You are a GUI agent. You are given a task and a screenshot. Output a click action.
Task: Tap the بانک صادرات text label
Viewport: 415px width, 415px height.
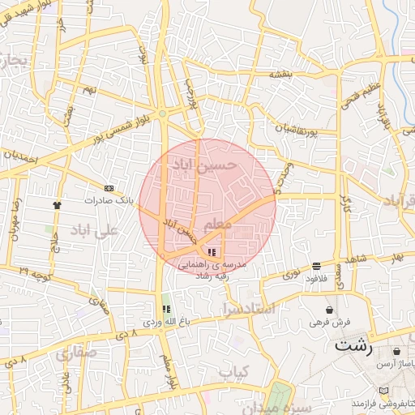(107, 199)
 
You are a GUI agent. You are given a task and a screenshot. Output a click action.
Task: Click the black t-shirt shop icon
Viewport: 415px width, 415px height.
(57, 205)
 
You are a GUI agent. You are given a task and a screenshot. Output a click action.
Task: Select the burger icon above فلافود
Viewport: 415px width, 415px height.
(315, 266)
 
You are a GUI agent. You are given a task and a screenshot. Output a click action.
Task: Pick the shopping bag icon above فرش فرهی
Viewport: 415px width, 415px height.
(329, 310)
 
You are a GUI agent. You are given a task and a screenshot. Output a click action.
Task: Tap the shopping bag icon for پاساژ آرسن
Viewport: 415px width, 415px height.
(396, 352)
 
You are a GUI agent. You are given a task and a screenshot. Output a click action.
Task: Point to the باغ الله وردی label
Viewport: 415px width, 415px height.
(167, 322)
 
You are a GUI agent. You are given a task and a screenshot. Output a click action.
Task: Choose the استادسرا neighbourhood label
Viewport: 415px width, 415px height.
(248, 309)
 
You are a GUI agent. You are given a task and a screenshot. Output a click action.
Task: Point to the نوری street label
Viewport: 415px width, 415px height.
(289, 274)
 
